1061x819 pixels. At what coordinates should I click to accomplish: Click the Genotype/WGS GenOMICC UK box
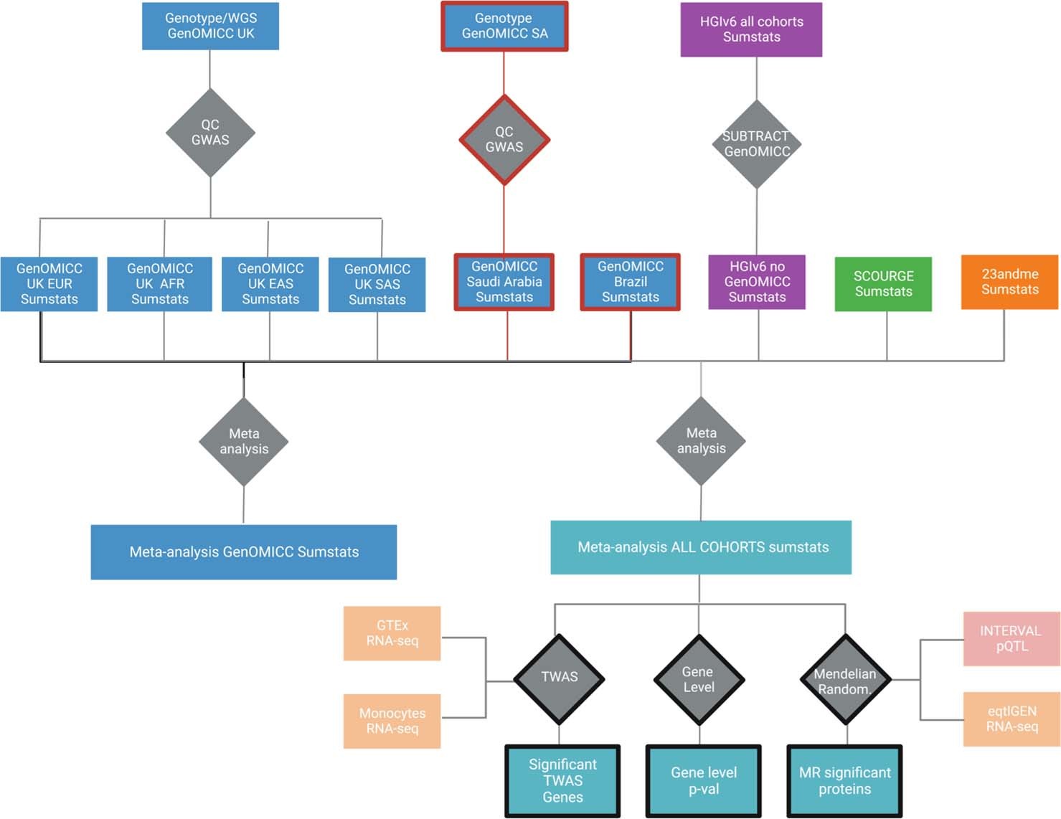point(210,26)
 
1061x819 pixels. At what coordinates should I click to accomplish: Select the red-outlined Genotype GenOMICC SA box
point(504,27)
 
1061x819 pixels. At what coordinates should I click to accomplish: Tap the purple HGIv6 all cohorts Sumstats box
point(751,29)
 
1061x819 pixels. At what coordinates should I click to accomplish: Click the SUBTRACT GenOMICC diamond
point(756,144)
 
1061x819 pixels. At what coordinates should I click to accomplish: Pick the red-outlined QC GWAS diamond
point(504,140)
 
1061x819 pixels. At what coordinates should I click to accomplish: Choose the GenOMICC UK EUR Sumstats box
point(49,284)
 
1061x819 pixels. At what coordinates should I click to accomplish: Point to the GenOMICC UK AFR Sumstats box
point(159,284)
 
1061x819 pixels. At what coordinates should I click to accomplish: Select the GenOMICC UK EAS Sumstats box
point(270,284)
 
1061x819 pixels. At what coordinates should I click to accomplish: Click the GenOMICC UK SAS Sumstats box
point(377,285)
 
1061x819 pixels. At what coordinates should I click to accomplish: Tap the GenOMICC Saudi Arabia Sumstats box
point(504,282)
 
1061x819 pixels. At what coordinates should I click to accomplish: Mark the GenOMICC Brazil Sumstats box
point(630,282)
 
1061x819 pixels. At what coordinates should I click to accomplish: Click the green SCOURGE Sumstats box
point(883,284)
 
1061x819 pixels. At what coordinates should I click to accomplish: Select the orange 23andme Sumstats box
point(1009,282)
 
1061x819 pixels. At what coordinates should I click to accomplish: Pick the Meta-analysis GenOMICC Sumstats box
point(244,551)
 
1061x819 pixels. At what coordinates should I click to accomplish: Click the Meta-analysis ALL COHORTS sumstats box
point(701,547)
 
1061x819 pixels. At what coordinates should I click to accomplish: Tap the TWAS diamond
point(559,678)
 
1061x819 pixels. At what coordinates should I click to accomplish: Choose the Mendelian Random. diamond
point(846,680)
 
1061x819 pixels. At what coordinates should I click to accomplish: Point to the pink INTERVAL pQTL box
point(1011,638)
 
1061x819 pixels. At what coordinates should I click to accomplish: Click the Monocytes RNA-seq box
point(392,721)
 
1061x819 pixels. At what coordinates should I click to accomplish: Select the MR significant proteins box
point(844,781)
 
